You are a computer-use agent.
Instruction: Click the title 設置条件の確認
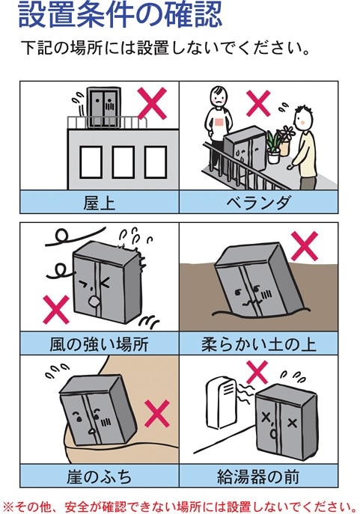click(x=119, y=16)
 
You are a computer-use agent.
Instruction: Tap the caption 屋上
click(x=99, y=202)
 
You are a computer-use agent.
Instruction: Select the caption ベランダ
click(x=258, y=202)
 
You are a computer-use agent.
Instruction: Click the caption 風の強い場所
click(x=99, y=344)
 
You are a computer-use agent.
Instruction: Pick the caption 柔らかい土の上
click(x=258, y=344)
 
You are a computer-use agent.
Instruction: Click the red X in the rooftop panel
click(x=153, y=104)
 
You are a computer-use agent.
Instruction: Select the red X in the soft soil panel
click(x=305, y=245)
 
